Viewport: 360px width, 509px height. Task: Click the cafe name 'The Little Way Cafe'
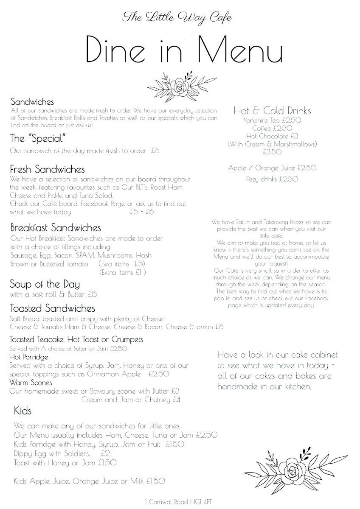(x=177, y=17)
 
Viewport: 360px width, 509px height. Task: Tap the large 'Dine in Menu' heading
(x=183, y=50)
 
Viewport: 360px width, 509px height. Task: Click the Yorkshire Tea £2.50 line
(x=272, y=120)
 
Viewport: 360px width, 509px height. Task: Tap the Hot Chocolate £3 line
(x=272, y=136)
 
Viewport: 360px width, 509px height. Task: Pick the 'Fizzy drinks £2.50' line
(x=272, y=179)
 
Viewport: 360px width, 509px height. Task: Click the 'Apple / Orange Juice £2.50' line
(x=272, y=168)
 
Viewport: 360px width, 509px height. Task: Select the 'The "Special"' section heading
(x=39, y=139)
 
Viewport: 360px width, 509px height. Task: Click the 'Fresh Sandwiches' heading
(x=48, y=170)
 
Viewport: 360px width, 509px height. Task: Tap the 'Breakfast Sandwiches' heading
(x=56, y=228)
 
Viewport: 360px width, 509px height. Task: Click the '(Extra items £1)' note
(x=122, y=272)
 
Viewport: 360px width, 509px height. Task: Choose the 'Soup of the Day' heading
(x=45, y=284)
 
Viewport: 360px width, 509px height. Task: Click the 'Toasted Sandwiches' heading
(x=52, y=308)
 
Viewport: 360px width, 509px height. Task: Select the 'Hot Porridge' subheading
(x=28, y=357)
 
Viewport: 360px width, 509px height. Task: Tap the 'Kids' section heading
(x=23, y=411)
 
